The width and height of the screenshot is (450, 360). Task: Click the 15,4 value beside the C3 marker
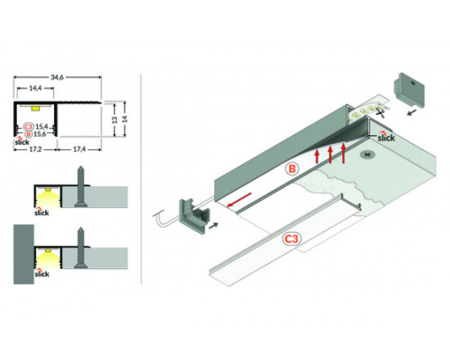click(41, 127)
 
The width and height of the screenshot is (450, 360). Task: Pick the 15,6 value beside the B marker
click(41, 135)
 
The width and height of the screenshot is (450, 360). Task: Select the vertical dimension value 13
click(113, 119)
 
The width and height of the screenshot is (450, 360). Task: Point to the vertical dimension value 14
click(126, 119)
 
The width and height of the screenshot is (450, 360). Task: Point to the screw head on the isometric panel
click(366, 156)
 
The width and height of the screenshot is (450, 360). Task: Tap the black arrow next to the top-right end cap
click(412, 112)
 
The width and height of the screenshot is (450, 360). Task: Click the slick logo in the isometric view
click(385, 138)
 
